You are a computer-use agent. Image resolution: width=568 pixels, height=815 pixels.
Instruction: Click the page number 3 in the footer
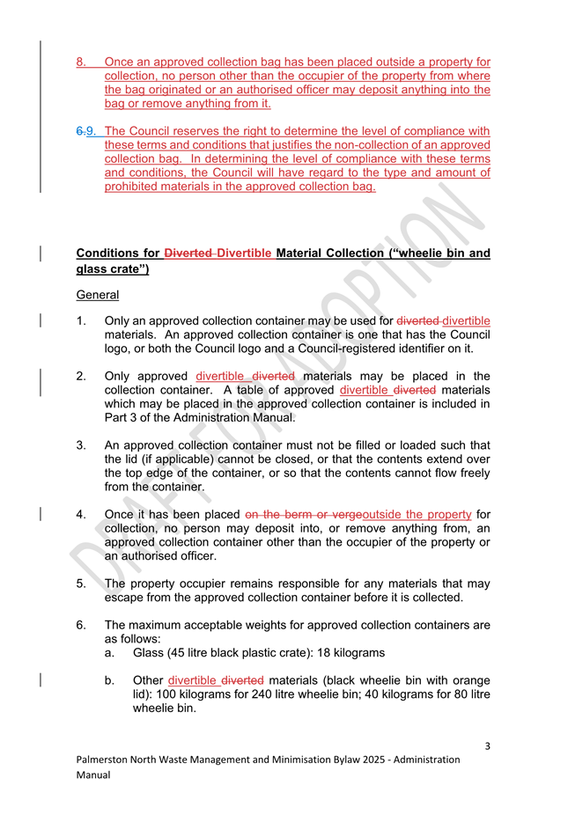(487, 747)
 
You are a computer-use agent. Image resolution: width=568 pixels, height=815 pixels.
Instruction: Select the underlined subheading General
(97, 294)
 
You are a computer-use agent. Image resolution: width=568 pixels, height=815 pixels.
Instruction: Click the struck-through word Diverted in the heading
(188, 253)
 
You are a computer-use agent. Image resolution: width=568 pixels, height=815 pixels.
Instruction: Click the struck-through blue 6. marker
(80, 131)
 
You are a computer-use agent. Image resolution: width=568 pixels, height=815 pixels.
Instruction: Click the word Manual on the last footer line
(93, 775)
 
